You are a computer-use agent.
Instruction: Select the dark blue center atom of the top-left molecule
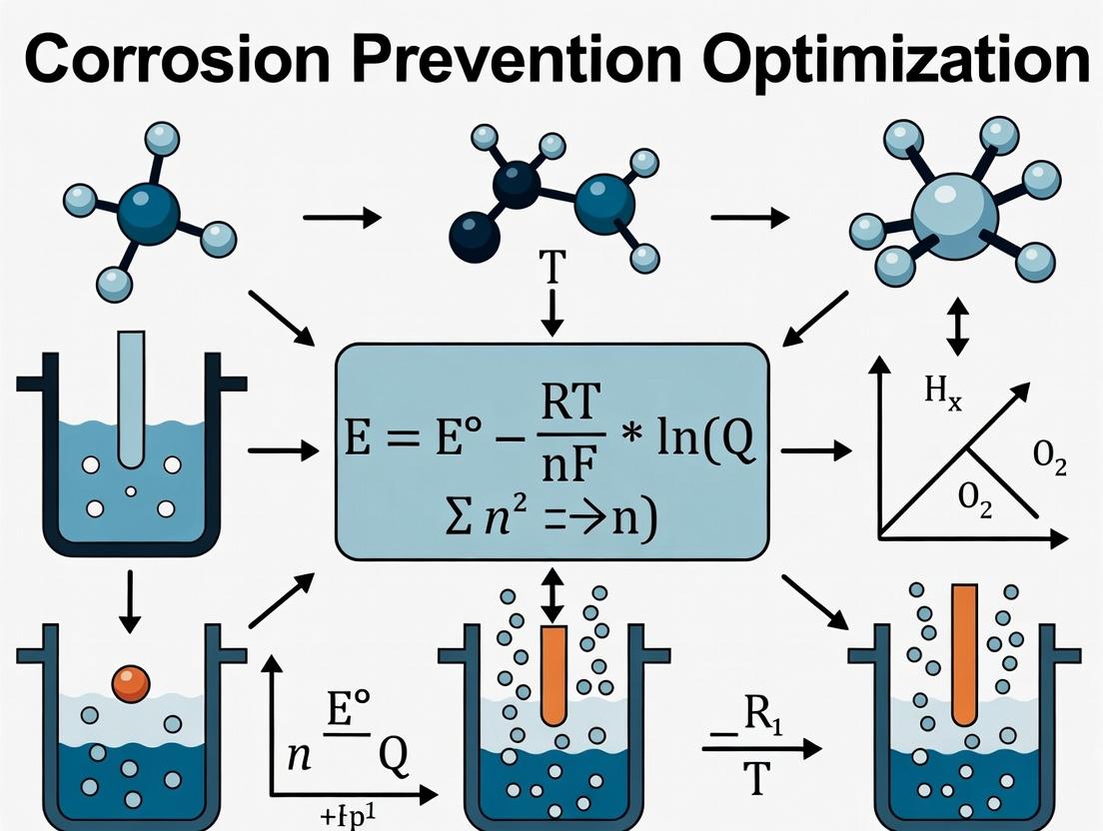tap(148, 212)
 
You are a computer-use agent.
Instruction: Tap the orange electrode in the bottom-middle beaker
tap(553, 673)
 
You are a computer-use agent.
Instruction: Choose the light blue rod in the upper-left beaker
tap(132, 400)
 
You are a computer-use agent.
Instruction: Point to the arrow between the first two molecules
tap(342, 217)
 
